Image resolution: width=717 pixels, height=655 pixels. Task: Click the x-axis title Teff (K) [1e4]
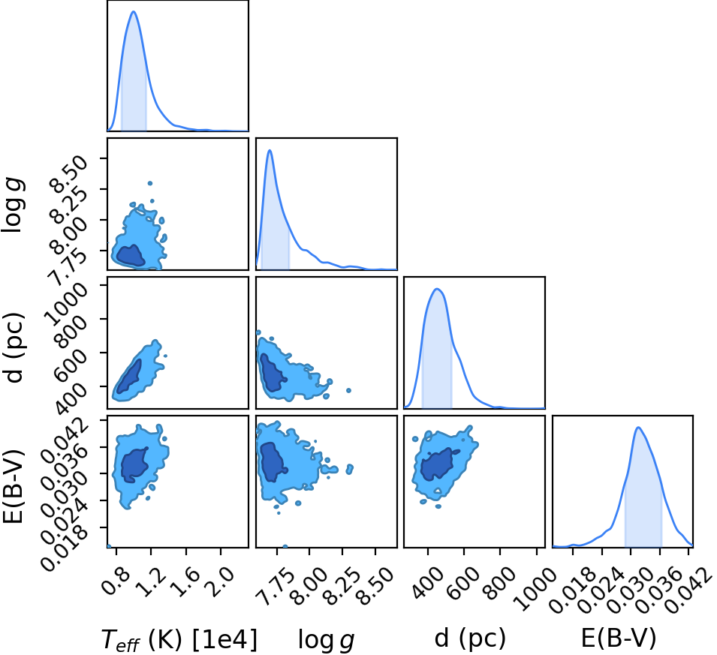click(179, 638)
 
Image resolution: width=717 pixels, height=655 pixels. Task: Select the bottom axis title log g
click(326, 638)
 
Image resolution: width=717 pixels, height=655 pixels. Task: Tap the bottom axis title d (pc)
click(470, 638)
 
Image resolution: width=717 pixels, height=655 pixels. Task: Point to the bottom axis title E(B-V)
click(618, 637)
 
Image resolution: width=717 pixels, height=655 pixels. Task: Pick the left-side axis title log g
click(14, 206)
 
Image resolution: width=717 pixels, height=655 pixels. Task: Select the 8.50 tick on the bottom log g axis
click(376, 580)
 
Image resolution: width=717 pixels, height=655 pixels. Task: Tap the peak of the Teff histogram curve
click(134, 11)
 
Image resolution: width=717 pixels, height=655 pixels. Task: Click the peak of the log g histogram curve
click(270, 150)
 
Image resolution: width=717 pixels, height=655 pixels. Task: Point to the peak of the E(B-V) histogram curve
click(638, 428)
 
